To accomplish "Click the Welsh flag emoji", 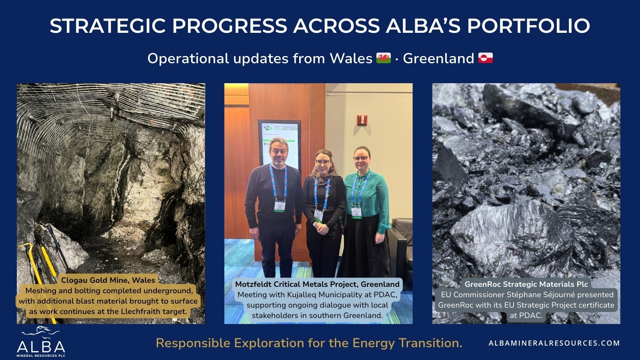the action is pos(384,58).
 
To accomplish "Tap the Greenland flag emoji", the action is pos(486,58).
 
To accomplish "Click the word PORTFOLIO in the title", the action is pos(528,26).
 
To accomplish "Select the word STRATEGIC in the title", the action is pos(108,26).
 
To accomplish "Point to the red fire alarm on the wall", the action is pos(362,120).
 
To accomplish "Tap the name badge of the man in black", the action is pos(280,206).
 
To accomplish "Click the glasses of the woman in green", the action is pos(361,158).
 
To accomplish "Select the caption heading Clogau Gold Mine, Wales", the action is pos(108,280).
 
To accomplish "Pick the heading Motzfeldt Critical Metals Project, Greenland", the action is pos(317,284).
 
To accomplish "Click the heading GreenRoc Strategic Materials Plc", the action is pos(526,284).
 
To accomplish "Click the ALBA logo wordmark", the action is pos(41,347).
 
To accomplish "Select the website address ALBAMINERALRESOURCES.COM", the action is pos(554,343).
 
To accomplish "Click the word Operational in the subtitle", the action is pos(188,58).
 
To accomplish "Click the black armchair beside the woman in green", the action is pos(402,243).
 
